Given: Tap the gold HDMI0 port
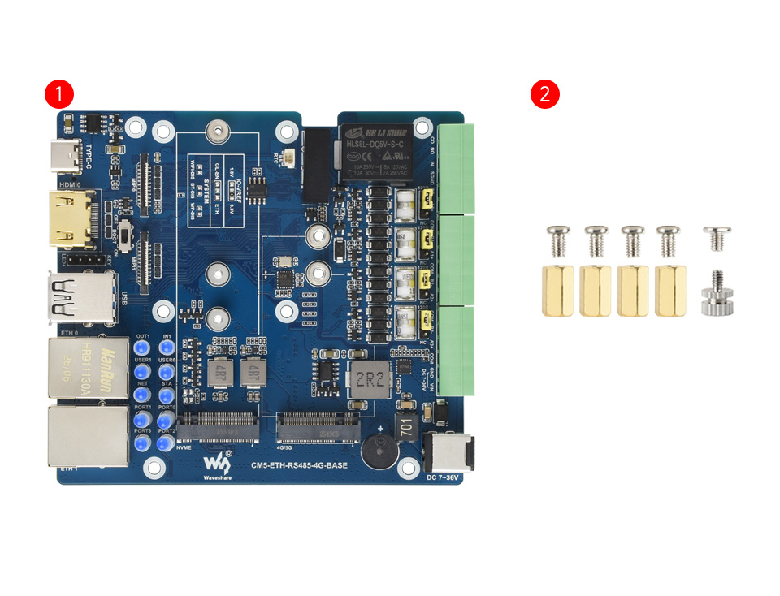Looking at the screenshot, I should (x=75, y=218).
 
